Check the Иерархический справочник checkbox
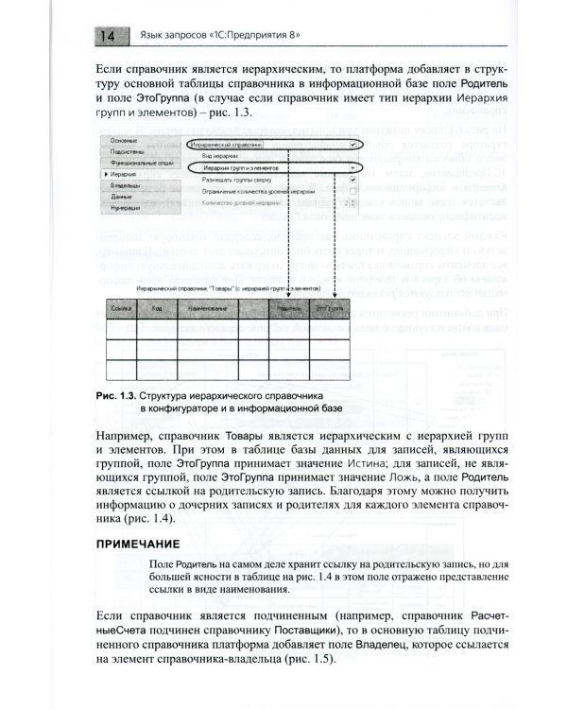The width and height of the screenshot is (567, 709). coord(352,145)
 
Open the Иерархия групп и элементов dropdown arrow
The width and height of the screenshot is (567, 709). coord(352,166)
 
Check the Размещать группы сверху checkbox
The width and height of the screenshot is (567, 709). coord(352,178)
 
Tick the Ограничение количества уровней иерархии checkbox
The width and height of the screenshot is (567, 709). coord(352,190)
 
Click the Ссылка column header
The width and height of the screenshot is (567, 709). coord(120,309)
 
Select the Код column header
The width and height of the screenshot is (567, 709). coord(159,309)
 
